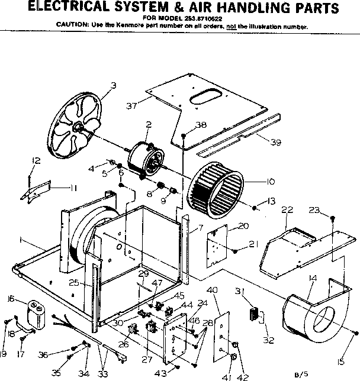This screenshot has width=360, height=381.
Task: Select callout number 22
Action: [287, 210]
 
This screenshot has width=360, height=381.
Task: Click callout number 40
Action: [213, 289]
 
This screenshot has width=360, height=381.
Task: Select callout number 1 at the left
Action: [21, 240]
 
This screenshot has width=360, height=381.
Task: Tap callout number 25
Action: [74, 283]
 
